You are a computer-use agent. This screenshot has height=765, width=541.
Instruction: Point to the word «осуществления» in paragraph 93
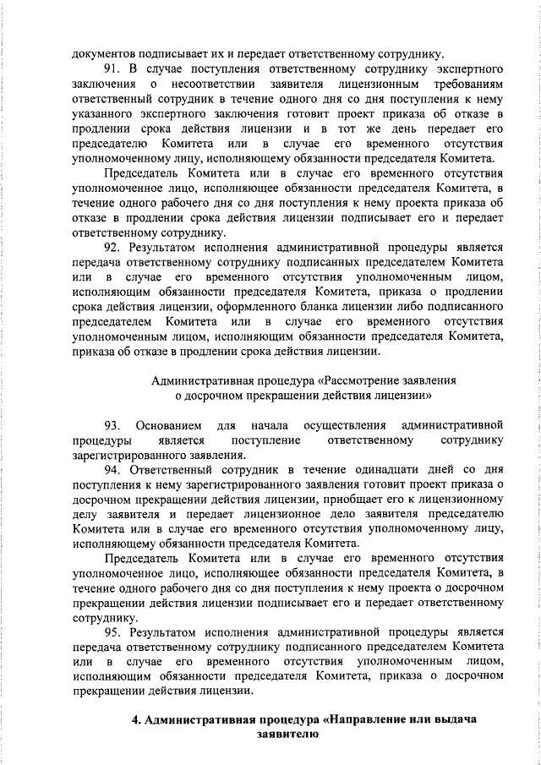pyautogui.click(x=336, y=423)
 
